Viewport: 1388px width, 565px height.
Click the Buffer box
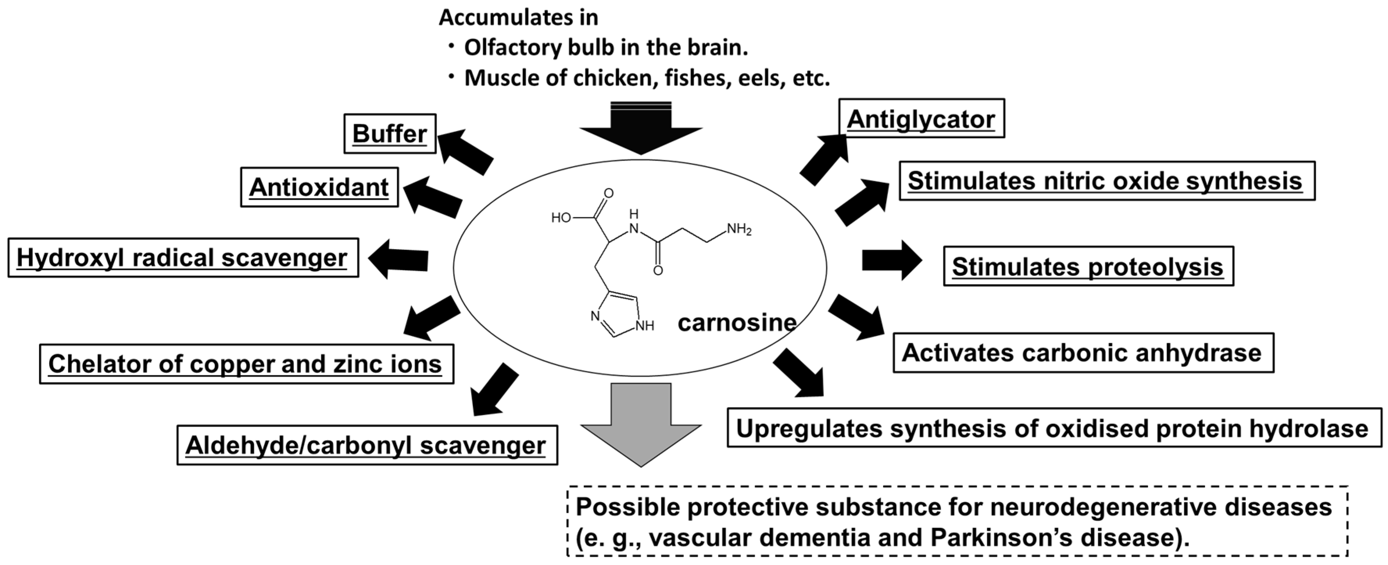point(389,133)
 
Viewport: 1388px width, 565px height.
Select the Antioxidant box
point(319,187)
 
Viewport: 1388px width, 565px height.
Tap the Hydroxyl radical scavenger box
point(183,258)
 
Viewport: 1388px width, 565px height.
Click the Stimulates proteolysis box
point(1088,266)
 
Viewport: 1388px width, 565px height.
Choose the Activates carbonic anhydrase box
point(1083,353)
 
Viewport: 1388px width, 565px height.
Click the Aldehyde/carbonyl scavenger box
point(366,445)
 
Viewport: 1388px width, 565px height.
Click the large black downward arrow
point(641,129)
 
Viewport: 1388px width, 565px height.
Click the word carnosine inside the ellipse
point(736,323)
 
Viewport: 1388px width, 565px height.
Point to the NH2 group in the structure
point(739,229)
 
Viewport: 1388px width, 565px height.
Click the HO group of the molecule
point(561,217)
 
